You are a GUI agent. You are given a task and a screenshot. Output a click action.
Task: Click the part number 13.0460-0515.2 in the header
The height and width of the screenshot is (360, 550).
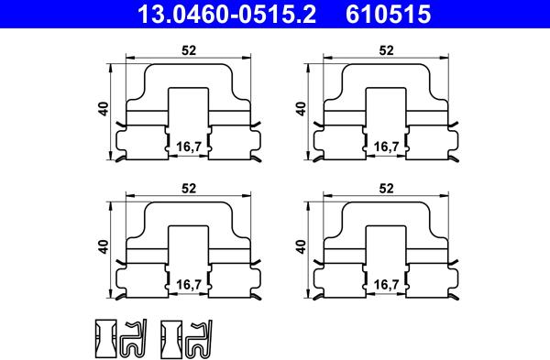click(227, 14)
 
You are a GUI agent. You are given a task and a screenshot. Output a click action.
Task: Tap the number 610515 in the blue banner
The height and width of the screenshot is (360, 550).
click(389, 14)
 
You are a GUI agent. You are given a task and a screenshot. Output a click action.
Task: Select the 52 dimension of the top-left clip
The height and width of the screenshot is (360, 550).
click(189, 50)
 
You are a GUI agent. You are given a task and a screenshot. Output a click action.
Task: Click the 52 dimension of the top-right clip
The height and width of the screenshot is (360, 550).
click(386, 50)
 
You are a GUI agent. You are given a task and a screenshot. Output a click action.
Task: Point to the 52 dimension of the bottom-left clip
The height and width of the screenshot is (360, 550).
click(189, 189)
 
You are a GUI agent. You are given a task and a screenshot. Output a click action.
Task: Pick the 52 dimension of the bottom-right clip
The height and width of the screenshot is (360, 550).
click(386, 189)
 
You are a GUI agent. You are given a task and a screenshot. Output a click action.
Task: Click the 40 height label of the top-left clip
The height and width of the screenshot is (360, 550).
click(104, 109)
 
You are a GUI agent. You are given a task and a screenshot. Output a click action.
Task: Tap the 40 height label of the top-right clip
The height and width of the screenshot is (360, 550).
click(302, 109)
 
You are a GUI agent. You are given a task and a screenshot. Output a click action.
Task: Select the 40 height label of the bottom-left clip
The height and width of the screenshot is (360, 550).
click(104, 247)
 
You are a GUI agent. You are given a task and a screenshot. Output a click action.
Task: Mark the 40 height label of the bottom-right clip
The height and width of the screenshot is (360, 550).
click(302, 247)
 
